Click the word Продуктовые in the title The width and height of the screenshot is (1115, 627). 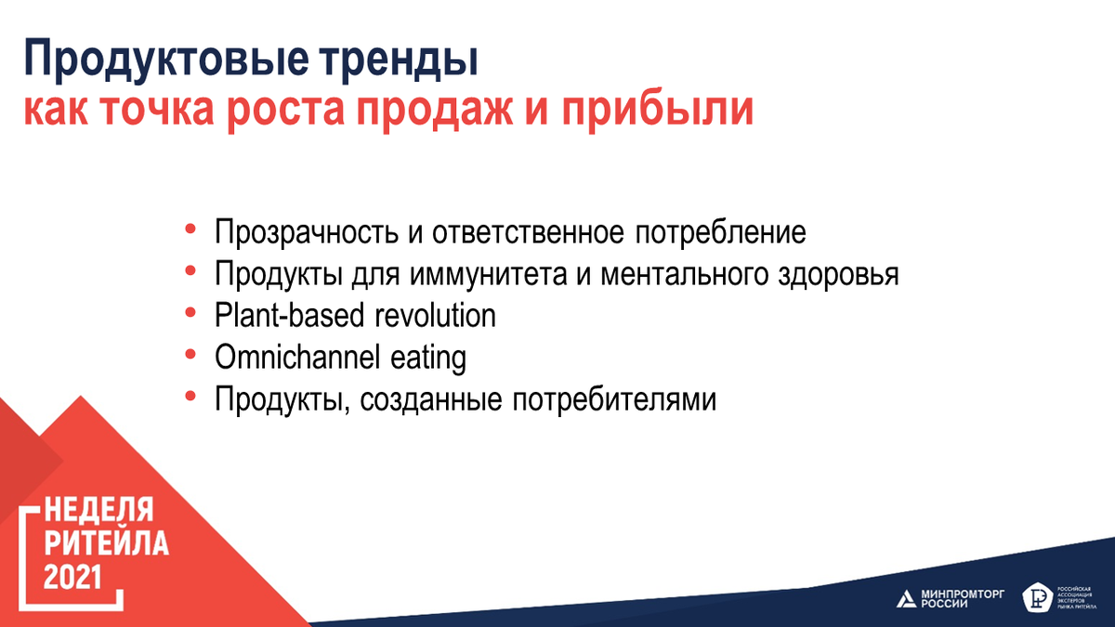[x=165, y=59]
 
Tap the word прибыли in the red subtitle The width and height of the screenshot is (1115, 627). [x=658, y=111]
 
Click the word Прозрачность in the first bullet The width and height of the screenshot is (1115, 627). [x=307, y=233]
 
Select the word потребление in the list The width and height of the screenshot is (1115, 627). [x=720, y=232]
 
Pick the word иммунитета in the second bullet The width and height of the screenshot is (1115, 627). [x=489, y=275]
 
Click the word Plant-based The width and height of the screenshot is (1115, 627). [x=289, y=316]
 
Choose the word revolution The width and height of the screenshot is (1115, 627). [x=435, y=316]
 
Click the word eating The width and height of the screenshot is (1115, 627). [x=428, y=359]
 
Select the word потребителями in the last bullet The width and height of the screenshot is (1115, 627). [x=614, y=399]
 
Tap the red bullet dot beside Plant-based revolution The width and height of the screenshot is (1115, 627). [x=190, y=313]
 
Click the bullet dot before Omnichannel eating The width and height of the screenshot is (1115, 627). [x=190, y=355]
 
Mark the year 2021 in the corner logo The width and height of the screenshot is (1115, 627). [x=72, y=577]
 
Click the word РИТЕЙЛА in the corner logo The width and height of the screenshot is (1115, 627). [x=107, y=542]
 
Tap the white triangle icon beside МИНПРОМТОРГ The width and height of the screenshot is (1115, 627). [x=907, y=598]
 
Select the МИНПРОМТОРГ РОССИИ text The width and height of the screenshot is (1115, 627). [x=963, y=598]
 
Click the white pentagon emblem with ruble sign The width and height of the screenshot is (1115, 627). [x=1037, y=596]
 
